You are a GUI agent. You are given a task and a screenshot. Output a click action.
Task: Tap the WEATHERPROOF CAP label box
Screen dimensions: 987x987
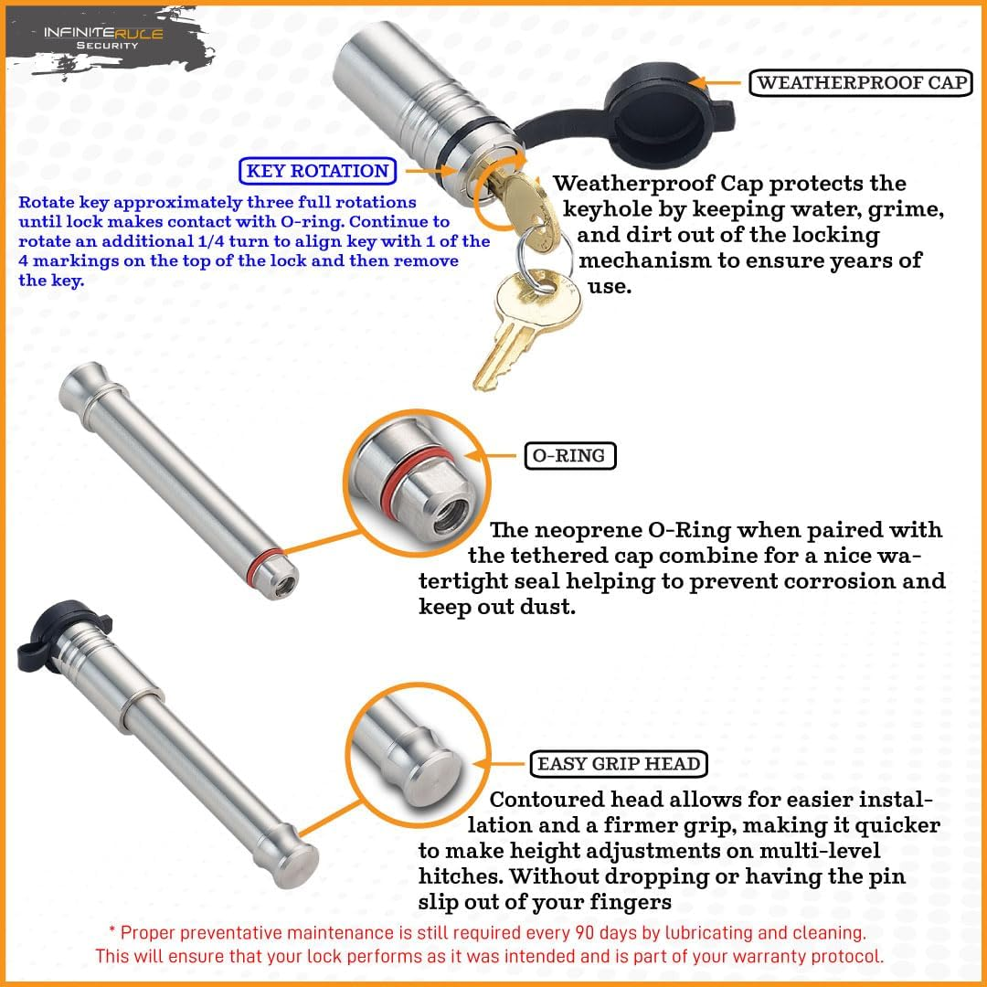861,83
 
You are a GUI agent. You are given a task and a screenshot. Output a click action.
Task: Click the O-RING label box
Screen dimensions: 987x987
569,454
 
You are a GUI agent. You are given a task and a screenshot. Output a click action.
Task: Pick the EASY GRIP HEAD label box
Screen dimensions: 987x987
619,764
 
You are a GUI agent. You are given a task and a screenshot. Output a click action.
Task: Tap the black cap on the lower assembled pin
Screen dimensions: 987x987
48,631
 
